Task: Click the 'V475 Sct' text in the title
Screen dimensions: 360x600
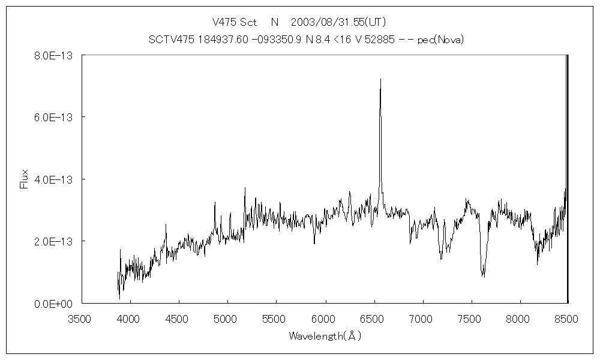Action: [235, 22]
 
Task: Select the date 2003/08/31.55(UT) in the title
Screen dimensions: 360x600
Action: [338, 22]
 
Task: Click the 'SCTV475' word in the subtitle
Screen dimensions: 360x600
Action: [167, 40]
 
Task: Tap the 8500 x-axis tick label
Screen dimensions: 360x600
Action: [567, 319]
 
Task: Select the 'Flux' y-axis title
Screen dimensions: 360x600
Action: [24, 179]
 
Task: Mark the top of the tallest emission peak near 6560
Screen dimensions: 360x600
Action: [380, 79]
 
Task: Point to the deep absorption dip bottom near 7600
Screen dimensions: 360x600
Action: [483, 276]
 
